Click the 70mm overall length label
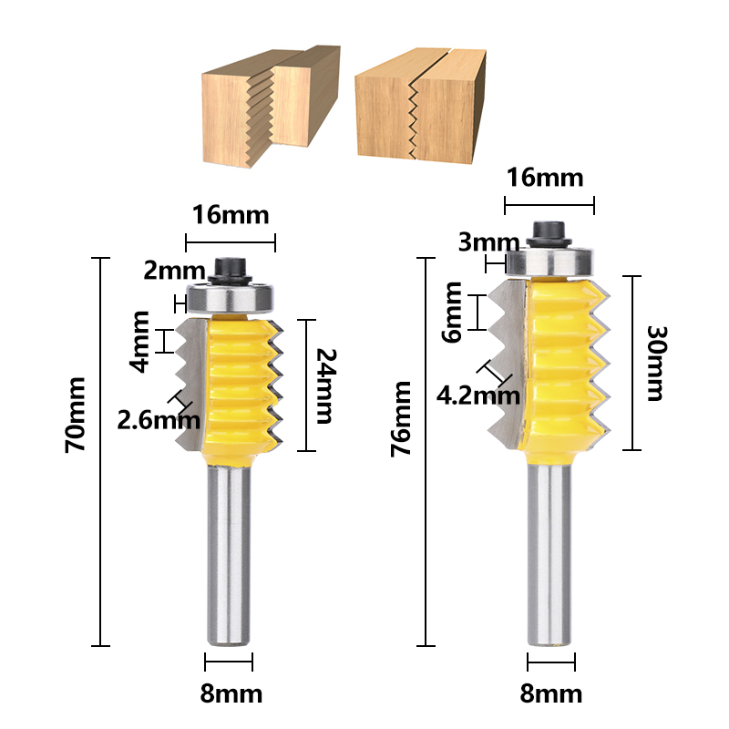(77, 416)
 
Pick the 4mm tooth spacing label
(141, 341)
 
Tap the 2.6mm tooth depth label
(158, 419)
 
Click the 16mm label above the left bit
(231, 215)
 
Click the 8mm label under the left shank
(230, 693)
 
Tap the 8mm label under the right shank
(551, 693)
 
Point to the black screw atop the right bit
(549, 232)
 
